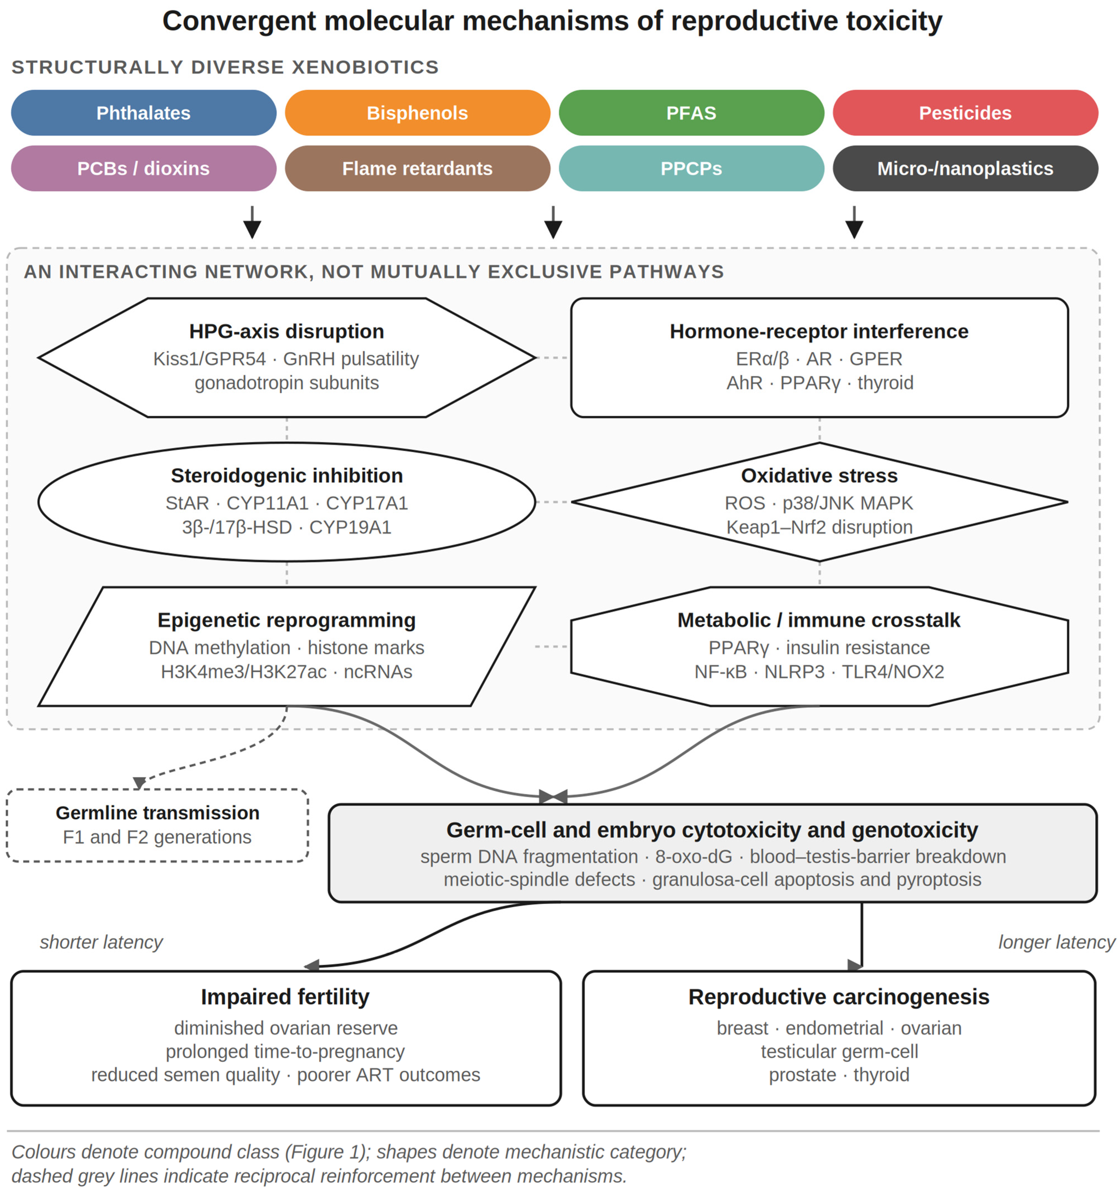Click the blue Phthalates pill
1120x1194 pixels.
(144, 113)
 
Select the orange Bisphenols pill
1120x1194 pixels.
(418, 113)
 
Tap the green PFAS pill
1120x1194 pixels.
(692, 113)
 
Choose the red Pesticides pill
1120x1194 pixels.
(966, 113)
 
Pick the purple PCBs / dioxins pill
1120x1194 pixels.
(144, 168)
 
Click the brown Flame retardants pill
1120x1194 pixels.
(418, 168)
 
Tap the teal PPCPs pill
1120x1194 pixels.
(692, 168)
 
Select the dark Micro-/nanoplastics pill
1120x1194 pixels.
(966, 168)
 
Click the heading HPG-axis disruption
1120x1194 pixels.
(287, 332)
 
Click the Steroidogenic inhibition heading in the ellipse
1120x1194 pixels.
(287, 476)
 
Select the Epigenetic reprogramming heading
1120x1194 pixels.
(287, 620)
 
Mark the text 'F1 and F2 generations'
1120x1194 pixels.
(158, 837)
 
